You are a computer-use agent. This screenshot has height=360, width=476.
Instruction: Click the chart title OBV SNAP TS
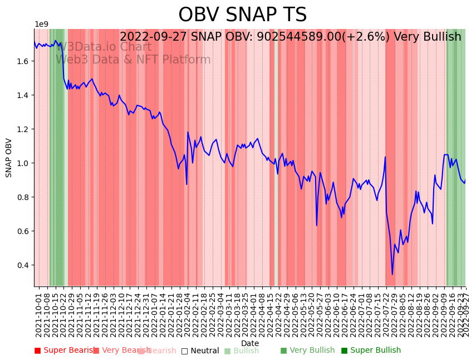click(x=242, y=15)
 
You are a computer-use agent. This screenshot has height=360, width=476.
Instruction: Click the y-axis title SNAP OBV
click(x=9, y=158)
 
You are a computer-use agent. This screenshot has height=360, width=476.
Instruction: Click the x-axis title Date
click(x=250, y=343)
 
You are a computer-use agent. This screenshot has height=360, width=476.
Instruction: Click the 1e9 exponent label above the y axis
click(x=42, y=25)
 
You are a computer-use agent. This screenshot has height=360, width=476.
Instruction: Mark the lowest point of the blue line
click(x=392, y=274)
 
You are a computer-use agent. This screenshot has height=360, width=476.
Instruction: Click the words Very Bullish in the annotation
click(x=427, y=37)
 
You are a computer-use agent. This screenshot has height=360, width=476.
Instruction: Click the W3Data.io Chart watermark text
click(x=104, y=47)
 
